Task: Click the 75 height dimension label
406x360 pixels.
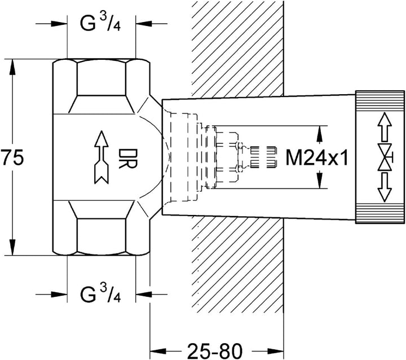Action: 12,157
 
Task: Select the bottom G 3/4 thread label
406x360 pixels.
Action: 100,293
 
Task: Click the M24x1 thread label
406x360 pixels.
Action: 317,157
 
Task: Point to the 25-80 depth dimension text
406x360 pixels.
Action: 215,351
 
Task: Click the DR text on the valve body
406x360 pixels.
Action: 127,159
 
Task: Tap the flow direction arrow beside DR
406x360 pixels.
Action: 101,157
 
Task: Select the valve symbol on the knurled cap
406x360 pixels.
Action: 385,157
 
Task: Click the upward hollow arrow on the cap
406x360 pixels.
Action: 385,127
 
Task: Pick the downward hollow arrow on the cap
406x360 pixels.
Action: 385,187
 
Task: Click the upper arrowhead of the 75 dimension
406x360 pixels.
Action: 12,67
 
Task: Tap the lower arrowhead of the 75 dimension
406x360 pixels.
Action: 12,247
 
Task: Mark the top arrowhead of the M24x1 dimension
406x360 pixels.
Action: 320,134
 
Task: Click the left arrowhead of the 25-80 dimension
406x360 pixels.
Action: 158,351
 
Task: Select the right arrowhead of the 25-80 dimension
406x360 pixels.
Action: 276,351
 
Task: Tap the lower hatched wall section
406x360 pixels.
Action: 238,266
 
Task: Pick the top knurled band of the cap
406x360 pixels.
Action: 380,101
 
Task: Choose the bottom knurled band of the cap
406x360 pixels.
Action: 380,213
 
